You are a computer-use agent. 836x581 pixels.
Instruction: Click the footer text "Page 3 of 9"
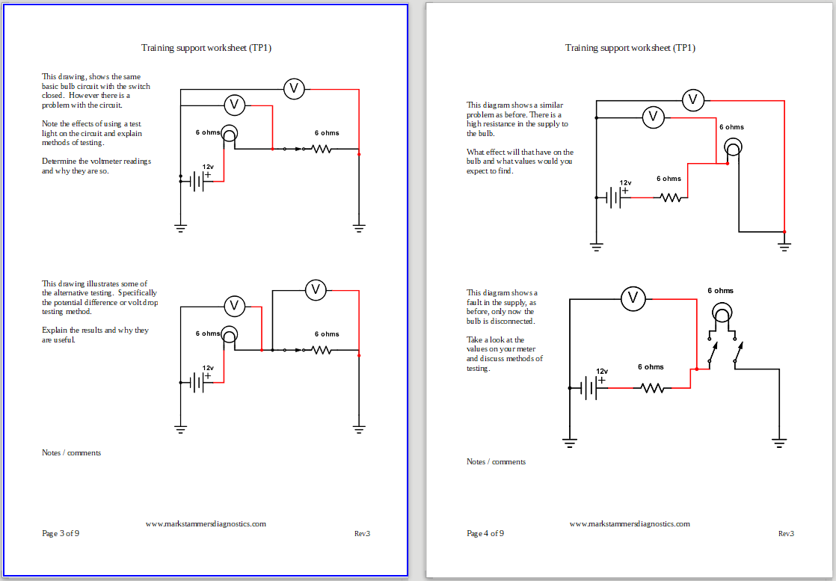tap(61, 533)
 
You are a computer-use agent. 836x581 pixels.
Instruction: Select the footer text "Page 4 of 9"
tap(485, 533)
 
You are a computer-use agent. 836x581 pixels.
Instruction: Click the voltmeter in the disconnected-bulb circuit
tap(633, 299)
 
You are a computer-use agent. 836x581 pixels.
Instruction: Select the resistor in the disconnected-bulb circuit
tap(652, 388)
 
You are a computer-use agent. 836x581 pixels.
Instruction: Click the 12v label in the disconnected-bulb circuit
tap(602, 371)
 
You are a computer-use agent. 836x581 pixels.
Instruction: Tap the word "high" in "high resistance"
tap(475, 124)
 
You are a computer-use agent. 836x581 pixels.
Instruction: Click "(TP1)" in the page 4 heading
tap(684, 48)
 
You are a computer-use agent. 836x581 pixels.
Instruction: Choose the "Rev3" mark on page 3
tap(362, 533)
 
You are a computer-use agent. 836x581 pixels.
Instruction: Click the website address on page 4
tap(630, 523)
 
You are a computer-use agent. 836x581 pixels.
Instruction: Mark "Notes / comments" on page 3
tap(72, 452)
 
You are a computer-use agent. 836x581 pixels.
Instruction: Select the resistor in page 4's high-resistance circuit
tap(671, 198)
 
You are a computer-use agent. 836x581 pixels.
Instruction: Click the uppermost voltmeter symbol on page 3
tap(294, 89)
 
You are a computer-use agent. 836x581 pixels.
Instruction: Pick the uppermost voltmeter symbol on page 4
tap(692, 99)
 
